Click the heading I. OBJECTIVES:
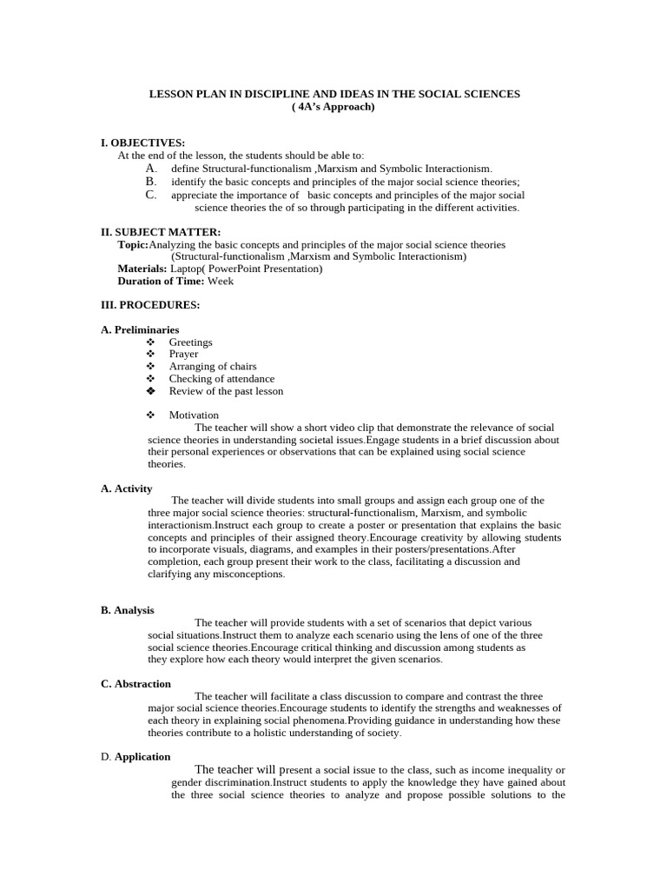click(142, 143)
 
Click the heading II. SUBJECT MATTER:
click(161, 232)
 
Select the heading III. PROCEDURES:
click(150, 305)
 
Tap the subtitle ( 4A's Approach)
click(333, 107)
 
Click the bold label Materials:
click(142, 269)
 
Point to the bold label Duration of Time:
click(162, 281)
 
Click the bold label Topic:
click(134, 245)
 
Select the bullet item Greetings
click(190, 342)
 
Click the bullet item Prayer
click(183, 355)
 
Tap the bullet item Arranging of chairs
click(213, 367)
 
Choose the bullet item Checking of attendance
click(221, 379)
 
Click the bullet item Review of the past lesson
click(226, 391)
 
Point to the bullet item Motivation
click(194, 415)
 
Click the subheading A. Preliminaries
click(140, 330)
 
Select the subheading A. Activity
click(127, 488)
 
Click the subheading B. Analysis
click(128, 610)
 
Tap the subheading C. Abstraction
click(135, 684)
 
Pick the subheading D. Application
click(135, 757)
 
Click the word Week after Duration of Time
click(221, 281)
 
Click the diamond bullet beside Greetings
click(150, 342)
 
